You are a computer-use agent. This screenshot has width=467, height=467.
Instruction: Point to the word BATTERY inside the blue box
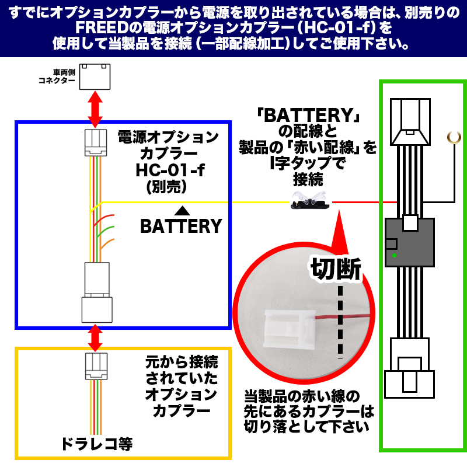[181, 226]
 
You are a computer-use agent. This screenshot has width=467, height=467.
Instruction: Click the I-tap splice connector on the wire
[309, 201]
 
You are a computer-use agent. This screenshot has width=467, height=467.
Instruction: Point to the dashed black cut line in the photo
[340, 321]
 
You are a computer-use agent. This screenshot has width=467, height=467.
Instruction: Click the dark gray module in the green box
[410, 242]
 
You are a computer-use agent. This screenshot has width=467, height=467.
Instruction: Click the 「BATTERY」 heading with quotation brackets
[308, 115]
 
